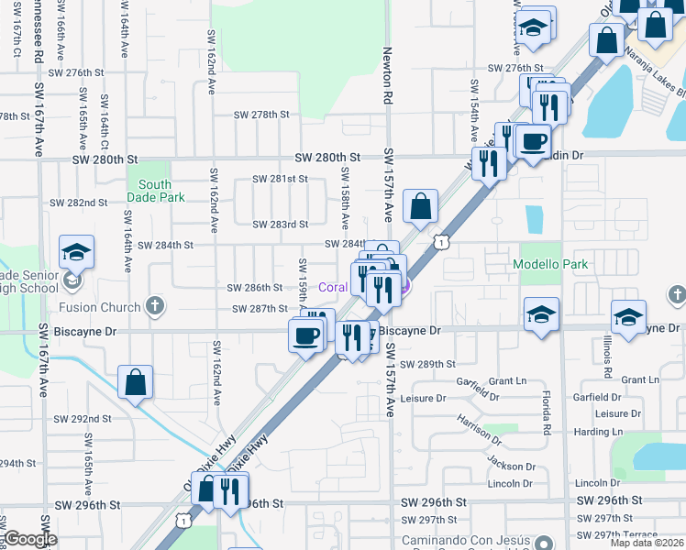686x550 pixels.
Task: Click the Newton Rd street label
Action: (388, 76)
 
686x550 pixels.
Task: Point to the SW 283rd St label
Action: (280, 224)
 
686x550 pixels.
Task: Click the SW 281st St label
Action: (279, 179)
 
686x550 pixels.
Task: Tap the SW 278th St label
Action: (261, 115)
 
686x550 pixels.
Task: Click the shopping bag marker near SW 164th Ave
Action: (135, 383)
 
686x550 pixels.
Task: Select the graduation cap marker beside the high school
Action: (77, 252)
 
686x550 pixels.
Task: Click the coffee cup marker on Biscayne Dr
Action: (306, 334)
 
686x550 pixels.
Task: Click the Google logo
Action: (31, 539)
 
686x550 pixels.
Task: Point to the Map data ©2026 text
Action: (647, 544)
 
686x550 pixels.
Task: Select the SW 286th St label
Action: (256, 288)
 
